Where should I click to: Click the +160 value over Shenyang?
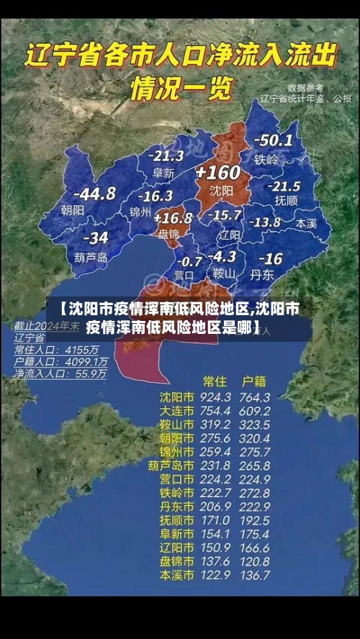tap(217, 173)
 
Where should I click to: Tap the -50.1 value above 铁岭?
tap(273, 141)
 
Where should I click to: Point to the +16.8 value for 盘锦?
tap(173, 217)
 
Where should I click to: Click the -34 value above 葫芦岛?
tap(96, 238)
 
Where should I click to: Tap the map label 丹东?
tap(261, 274)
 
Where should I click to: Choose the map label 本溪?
tap(306, 223)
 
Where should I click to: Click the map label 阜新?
tap(164, 173)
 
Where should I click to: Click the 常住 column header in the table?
tap(215, 381)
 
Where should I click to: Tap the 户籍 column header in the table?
tap(255, 381)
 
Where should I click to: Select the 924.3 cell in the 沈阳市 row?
tap(216, 397)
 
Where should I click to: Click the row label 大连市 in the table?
tap(176, 411)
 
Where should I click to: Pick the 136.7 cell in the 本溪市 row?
tap(255, 575)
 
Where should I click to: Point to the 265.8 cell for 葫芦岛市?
tap(255, 466)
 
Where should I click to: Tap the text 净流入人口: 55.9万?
tap(60, 374)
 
